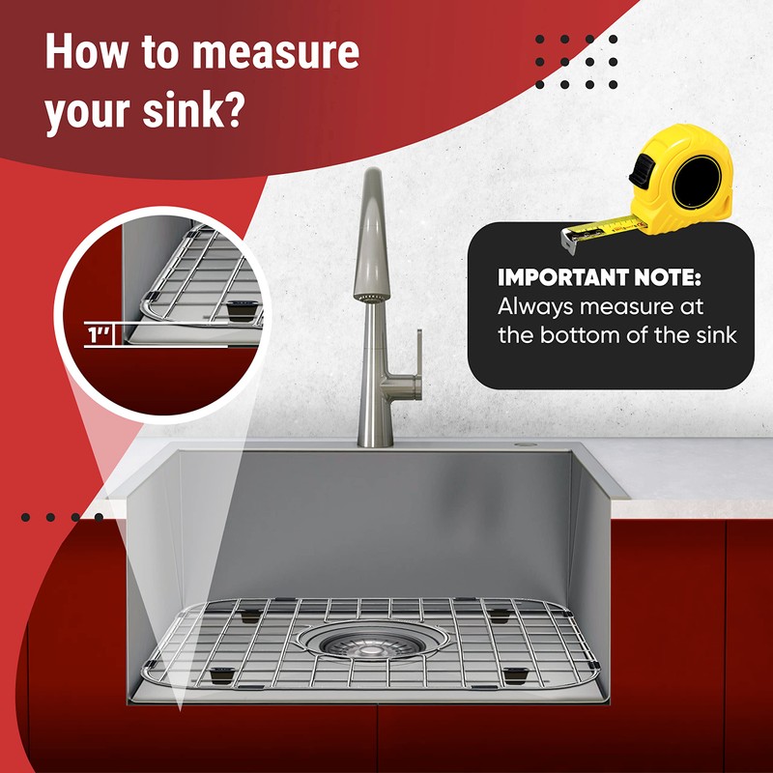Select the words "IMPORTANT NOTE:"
tap(599, 278)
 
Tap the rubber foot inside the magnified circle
tap(239, 309)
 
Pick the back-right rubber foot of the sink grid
tap(497, 613)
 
